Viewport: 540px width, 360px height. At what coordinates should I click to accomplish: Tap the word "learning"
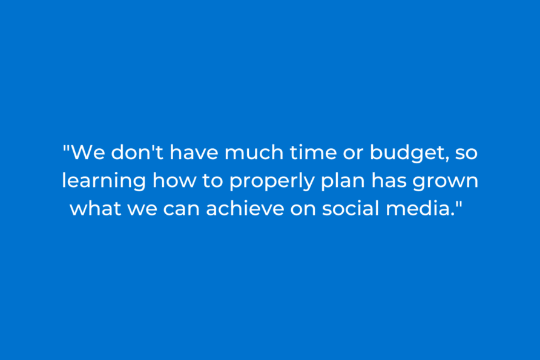pyautogui.click(x=104, y=182)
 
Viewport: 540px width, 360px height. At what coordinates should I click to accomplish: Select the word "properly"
pyautogui.click(x=272, y=182)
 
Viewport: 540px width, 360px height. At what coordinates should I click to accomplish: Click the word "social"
pyautogui.click(x=351, y=208)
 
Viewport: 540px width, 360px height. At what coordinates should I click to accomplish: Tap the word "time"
pyautogui.click(x=313, y=152)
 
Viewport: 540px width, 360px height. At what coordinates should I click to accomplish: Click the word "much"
pyautogui.click(x=254, y=152)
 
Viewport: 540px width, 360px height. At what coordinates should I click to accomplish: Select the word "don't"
pyautogui.click(x=137, y=152)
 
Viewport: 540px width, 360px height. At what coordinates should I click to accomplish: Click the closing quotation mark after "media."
pyautogui.click(x=459, y=204)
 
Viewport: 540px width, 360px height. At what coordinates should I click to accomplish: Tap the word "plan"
pyautogui.click(x=343, y=182)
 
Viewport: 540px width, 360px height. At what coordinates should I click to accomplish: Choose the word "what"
pyautogui.click(x=96, y=208)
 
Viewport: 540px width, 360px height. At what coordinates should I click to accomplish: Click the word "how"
pyautogui.click(x=174, y=180)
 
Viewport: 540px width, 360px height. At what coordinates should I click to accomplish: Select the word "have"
pyautogui.click(x=194, y=152)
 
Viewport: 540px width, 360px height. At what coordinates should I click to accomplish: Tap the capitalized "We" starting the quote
pyautogui.click(x=88, y=152)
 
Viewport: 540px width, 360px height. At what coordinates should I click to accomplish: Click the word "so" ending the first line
pyautogui.click(x=466, y=154)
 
